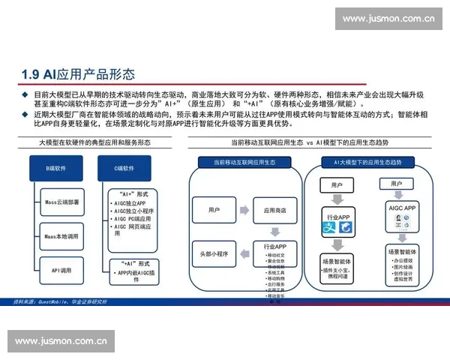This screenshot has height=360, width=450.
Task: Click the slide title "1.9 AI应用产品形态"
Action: [x=79, y=74]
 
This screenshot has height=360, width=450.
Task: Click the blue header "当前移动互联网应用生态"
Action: [x=244, y=162]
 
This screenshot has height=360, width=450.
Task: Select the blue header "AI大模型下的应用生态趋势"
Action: [x=367, y=162]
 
